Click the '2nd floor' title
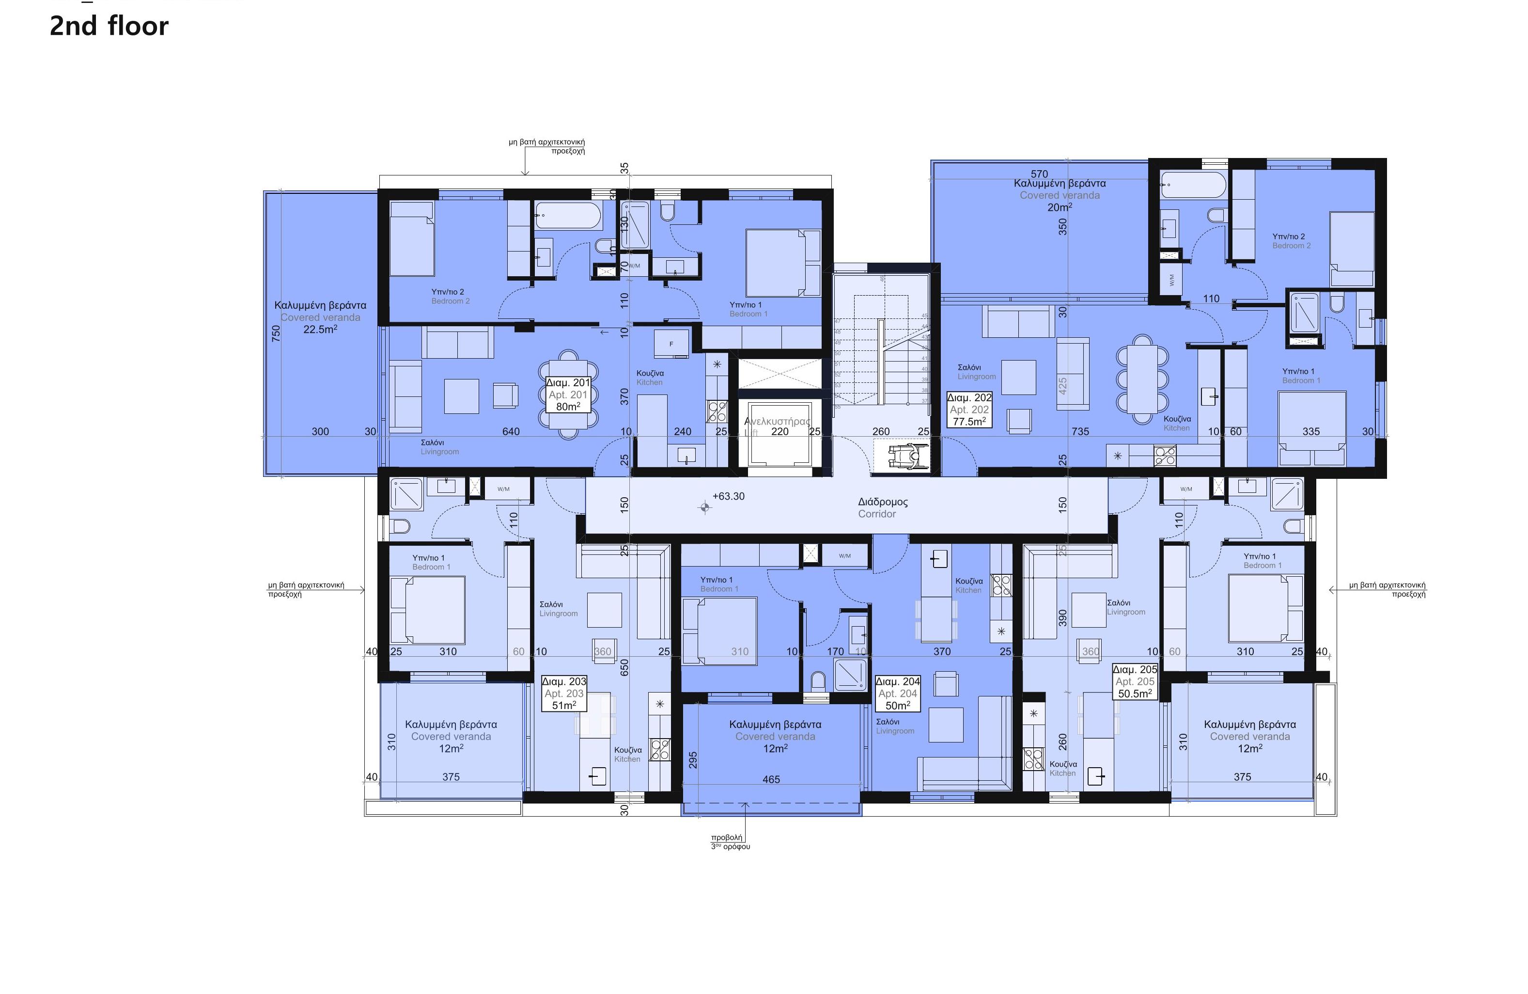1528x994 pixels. [109, 26]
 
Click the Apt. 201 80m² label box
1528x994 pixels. [567, 394]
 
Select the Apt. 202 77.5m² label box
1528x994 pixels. [969, 410]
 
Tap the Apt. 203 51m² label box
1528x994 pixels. [564, 694]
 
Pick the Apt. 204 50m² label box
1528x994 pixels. [898, 694]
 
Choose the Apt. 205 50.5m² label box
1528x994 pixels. [1135, 681]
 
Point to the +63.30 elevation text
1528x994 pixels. [728, 496]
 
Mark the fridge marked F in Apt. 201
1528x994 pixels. [671, 344]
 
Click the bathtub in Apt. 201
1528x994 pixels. [567, 215]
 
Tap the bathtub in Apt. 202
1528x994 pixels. [1194, 185]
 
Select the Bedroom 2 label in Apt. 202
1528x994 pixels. [1291, 241]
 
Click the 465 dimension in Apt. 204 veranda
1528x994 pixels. [771, 779]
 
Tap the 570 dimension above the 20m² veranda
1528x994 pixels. [1039, 174]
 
